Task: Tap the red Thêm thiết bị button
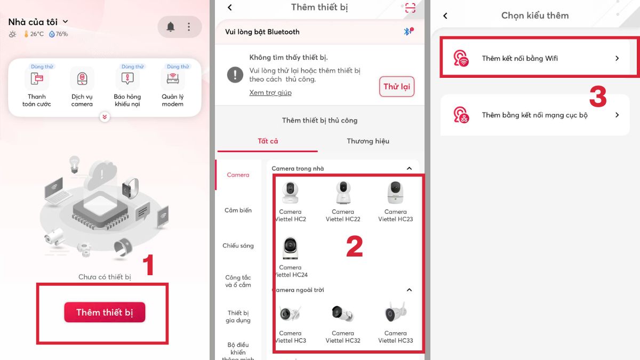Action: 105,312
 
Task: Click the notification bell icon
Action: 171,27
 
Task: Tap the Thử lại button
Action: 397,86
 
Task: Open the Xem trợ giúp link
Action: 270,93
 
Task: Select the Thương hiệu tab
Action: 368,141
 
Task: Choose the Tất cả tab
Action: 268,141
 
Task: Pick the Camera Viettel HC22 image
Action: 343,193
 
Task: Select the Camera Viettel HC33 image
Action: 395,312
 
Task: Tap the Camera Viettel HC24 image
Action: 290,248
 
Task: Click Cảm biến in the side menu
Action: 238,210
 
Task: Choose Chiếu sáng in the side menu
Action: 238,246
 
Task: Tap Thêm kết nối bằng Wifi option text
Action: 519,58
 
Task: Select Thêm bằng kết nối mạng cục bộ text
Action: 534,115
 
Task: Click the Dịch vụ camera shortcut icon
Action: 82,78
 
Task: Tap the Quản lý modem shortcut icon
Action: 173,78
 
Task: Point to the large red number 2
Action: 354,246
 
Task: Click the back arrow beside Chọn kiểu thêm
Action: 445,15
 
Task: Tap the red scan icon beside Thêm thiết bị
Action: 410,7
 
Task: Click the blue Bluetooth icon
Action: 406,31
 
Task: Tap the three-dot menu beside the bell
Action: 189,27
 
